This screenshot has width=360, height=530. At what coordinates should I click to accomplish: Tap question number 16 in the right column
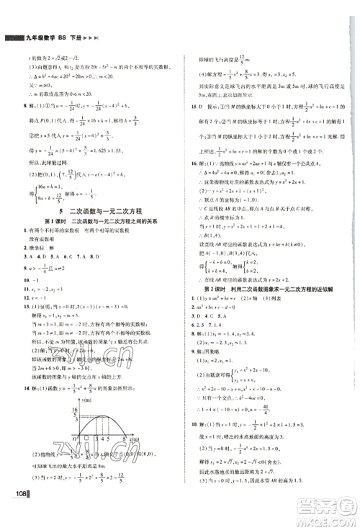(x=192, y=162)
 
